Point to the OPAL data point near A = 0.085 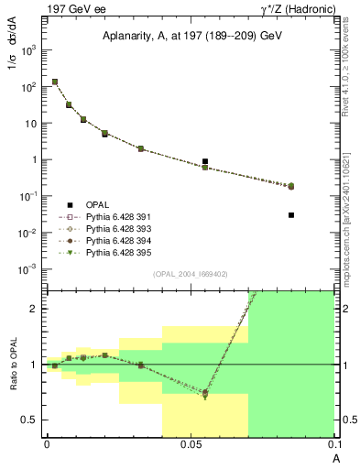[x=291, y=215]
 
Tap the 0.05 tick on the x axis [x=190, y=443]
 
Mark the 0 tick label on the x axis [x=47, y=443]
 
